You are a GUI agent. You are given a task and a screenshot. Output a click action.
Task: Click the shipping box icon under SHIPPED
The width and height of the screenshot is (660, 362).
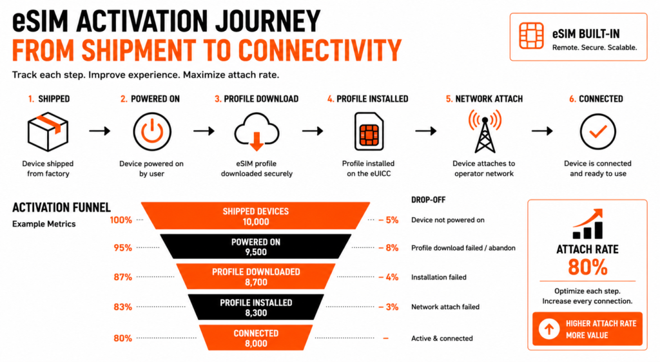[48, 131]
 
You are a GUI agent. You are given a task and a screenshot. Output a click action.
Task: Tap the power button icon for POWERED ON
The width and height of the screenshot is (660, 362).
[152, 131]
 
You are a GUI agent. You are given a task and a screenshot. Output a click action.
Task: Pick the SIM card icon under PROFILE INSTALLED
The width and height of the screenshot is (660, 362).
[369, 131]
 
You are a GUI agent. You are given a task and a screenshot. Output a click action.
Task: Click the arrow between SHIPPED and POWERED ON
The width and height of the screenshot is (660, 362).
[100, 131]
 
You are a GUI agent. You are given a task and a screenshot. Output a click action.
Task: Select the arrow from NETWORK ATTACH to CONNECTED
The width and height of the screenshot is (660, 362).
[542, 131]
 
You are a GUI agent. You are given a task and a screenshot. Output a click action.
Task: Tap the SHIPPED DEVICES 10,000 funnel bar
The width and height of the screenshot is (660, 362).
[255, 216]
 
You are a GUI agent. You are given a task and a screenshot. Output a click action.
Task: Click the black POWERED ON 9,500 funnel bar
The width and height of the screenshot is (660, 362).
[255, 246]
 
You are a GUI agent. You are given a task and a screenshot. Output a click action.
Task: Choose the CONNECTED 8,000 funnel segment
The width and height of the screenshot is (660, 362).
[256, 338]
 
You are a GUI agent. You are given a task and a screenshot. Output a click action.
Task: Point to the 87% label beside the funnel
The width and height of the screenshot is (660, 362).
[123, 277]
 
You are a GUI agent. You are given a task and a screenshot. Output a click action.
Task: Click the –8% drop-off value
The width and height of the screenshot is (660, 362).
[388, 247]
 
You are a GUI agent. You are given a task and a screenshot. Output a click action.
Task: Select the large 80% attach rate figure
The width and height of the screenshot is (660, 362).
[588, 267]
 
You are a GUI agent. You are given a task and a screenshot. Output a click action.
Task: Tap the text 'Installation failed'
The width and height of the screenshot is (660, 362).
[438, 277]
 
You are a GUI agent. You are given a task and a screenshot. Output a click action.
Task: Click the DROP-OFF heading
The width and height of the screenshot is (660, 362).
[428, 200]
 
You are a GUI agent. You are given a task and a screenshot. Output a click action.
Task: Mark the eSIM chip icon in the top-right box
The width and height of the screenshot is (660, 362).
[531, 35]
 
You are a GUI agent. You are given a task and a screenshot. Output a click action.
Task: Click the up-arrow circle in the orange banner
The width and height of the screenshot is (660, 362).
[549, 329]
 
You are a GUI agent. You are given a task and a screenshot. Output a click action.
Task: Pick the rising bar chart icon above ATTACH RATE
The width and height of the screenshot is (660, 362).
[588, 224]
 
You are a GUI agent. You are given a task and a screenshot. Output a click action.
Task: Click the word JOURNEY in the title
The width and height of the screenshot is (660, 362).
[267, 21]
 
